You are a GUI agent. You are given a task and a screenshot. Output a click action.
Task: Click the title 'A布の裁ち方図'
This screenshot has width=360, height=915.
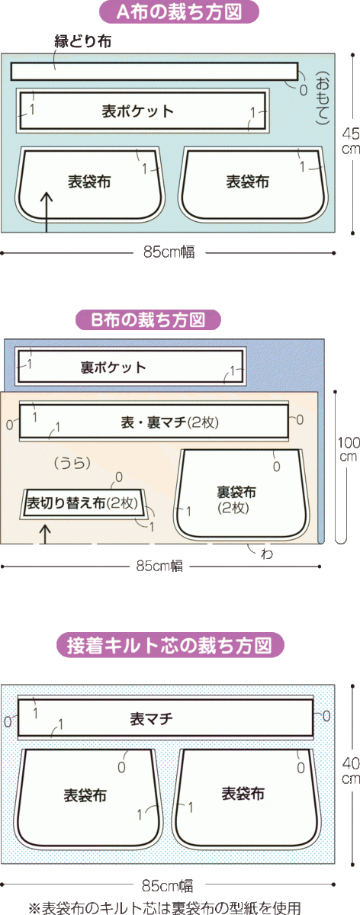pyautogui.click(x=179, y=13)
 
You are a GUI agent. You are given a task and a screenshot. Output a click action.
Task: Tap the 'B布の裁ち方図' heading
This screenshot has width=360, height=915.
pyautogui.click(x=148, y=319)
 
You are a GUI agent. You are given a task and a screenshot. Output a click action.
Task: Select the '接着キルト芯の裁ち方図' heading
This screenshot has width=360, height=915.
pyautogui.click(x=169, y=645)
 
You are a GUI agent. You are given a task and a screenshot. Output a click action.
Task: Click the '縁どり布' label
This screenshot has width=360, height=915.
pyautogui.click(x=83, y=41)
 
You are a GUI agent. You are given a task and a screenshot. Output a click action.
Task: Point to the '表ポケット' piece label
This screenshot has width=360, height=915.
pyautogui.click(x=138, y=111)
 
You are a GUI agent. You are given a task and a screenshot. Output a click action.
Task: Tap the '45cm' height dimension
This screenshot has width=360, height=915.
pyautogui.click(x=351, y=141)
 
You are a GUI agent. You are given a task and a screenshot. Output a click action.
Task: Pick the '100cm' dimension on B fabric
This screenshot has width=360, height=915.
pyautogui.click(x=348, y=449)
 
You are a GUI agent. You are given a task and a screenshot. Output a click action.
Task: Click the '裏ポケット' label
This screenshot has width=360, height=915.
pyautogui.click(x=113, y=368)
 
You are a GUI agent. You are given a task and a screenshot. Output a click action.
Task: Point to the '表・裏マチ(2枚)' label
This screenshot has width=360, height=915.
pyautogui.click(x=169, y=422)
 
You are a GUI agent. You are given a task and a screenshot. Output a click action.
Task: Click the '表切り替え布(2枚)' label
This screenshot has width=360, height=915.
pyautogui.click(x=82, y=502)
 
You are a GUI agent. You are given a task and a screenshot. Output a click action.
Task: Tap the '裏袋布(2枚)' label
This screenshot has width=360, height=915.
pyautogui.click(x=236, y=499)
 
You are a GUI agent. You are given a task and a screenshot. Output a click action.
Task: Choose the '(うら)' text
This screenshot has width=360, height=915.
pyautogui.click(x=72, y=463)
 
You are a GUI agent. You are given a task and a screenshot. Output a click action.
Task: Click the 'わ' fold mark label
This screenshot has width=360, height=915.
pyautogui.click(x=267, y=554)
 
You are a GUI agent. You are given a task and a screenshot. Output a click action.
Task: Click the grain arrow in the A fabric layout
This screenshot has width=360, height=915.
pyautogui.click(x=47, y=212)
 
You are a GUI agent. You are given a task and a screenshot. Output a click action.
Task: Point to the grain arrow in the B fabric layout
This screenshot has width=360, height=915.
pyautogui.click(x=44, y=535)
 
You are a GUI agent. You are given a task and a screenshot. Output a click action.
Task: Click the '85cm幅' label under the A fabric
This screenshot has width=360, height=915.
pyautogui.click(x=169, y=252)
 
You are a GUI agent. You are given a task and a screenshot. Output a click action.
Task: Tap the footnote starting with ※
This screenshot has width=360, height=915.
pyautogui.click(x=165, y=907)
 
